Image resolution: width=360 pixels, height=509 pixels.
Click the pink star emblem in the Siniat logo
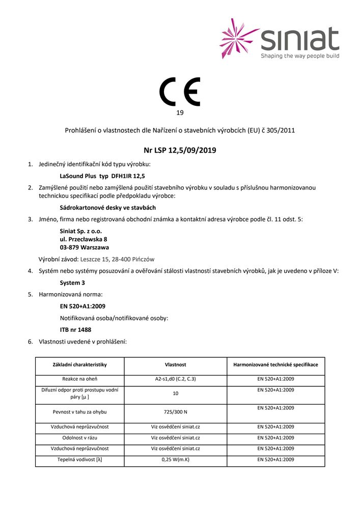[x=239, y=38]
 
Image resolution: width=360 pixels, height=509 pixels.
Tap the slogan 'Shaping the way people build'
[x=299, y=55]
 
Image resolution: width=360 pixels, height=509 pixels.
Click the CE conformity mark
[x=180, y=92]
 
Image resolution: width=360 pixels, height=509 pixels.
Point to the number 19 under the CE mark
[x=180, y=112]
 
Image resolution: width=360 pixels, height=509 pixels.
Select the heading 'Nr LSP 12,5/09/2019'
[x=180, y=150]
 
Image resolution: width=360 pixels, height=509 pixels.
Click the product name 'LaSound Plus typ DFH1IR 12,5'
[x=98, y=176]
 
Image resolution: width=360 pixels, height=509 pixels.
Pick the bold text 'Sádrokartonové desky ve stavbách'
[x=107, y=208]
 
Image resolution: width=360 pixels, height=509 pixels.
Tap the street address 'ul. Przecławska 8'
[x=84, y=239]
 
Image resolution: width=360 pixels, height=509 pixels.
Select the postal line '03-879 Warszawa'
[x=84, y=247]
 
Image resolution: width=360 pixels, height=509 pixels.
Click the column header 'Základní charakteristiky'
[x=80, y=365]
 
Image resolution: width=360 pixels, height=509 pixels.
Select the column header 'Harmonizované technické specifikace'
[x=275, y=365]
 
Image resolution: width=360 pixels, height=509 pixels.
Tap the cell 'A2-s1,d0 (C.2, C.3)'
[x=175, y=379]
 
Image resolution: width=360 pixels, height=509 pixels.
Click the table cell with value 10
[x=175, y=393]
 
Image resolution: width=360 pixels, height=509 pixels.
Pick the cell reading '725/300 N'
[x=175, y=412]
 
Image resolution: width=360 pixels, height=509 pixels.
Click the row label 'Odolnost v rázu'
[x=80, y=437]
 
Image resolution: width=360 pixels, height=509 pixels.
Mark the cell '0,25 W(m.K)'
[x=175, y=460]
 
